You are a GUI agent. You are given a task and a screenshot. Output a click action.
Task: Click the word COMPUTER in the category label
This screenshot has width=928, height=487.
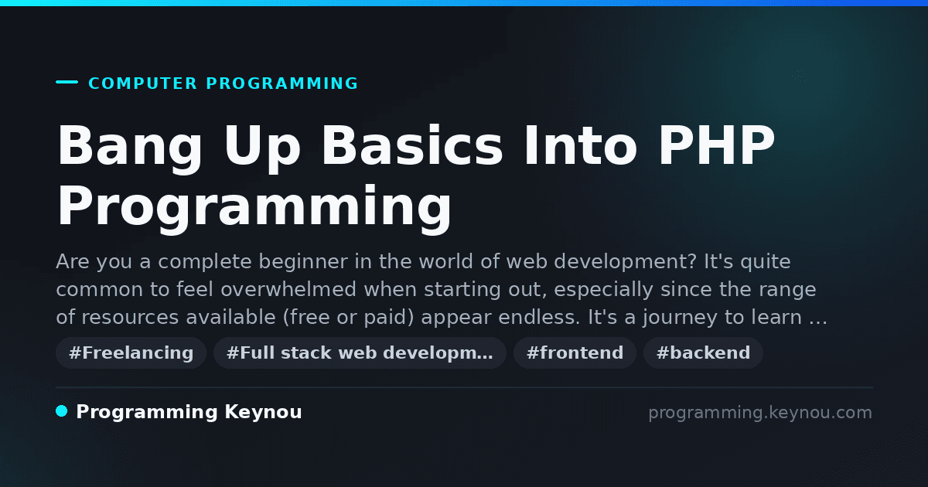tap(142, 83)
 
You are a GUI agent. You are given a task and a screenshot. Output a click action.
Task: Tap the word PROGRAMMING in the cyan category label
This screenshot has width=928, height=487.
tap(282, 83)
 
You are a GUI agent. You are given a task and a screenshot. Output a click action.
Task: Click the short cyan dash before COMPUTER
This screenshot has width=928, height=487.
tap(67, 82)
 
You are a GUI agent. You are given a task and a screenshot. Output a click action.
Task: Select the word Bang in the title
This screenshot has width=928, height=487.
tap(130, 147)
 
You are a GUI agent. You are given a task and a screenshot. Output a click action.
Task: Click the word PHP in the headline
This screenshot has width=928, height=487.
tap(716, 145)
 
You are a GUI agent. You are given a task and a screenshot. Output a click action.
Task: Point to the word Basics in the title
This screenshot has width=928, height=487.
tap(411, 145)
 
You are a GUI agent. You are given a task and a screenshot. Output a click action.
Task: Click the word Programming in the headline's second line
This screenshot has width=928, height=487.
tap(254, 208)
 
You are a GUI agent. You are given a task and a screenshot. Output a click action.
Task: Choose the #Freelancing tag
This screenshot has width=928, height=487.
tap(131, 352)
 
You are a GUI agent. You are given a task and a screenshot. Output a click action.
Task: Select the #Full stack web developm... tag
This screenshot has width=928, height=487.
tap(360, 352)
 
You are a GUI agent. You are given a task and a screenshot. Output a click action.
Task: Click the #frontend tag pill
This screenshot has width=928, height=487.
tap(575, 352)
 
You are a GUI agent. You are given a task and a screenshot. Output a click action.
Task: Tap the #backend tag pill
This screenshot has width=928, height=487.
tap(703, 352)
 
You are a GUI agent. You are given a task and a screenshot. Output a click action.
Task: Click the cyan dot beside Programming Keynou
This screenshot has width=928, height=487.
tap(62, 411)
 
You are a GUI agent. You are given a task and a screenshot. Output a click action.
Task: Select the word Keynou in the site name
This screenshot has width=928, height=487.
tap(263, 412)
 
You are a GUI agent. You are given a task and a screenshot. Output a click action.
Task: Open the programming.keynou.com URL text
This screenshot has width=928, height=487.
tap(760, 413)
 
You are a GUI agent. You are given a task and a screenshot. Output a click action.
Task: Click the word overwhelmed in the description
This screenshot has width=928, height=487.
tap(288, 289)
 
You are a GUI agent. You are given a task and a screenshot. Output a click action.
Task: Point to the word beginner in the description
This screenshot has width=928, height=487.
tap(303, 263)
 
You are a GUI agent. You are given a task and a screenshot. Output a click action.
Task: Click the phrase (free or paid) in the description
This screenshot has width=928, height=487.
tap(349, 318)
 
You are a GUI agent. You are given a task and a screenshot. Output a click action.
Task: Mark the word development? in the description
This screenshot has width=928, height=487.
tap(625, 263)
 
